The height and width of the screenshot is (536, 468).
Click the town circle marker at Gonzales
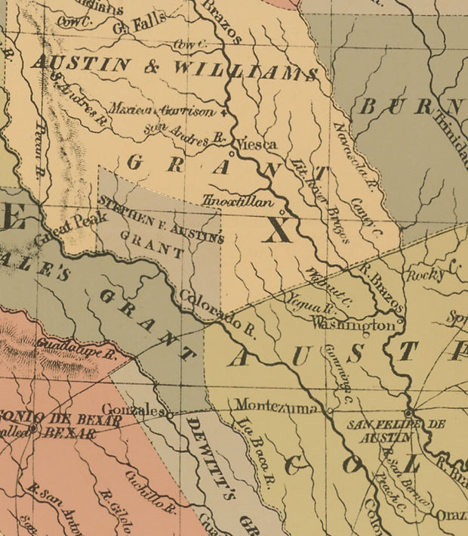tap(170, 414)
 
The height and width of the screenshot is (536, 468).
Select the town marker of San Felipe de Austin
tap(408, 413)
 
